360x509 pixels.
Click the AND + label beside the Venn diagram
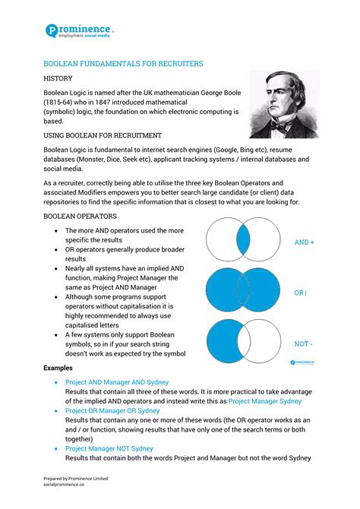point(304,242)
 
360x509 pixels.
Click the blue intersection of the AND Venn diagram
point(243,239)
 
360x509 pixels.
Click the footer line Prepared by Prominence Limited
point(75,478)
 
